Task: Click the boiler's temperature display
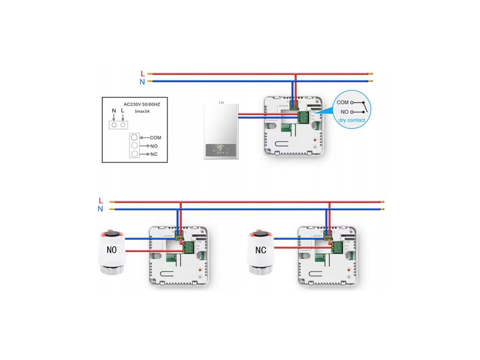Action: [x=220, y=147]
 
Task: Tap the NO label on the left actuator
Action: [x=112, y=250]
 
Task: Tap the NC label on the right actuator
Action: [x=261, y=250]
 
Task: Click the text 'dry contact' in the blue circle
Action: [x=352, y=120]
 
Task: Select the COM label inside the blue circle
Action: [x=343, y=102]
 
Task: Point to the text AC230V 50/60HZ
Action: [x=141, y=104]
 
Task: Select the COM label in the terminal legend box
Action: [x=155, y=138]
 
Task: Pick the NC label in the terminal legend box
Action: [x=154, y=154]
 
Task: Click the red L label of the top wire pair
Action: [x=142, y=74]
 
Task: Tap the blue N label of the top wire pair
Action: [x=142, y=82]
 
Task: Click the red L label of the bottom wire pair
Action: [x=101, y=201]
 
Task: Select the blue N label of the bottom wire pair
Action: [x=100, y=209]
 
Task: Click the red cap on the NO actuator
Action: [x=112, y=232]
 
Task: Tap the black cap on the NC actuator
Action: [x=261, y=233]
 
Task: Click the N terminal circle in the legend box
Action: [x=114, y=125]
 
